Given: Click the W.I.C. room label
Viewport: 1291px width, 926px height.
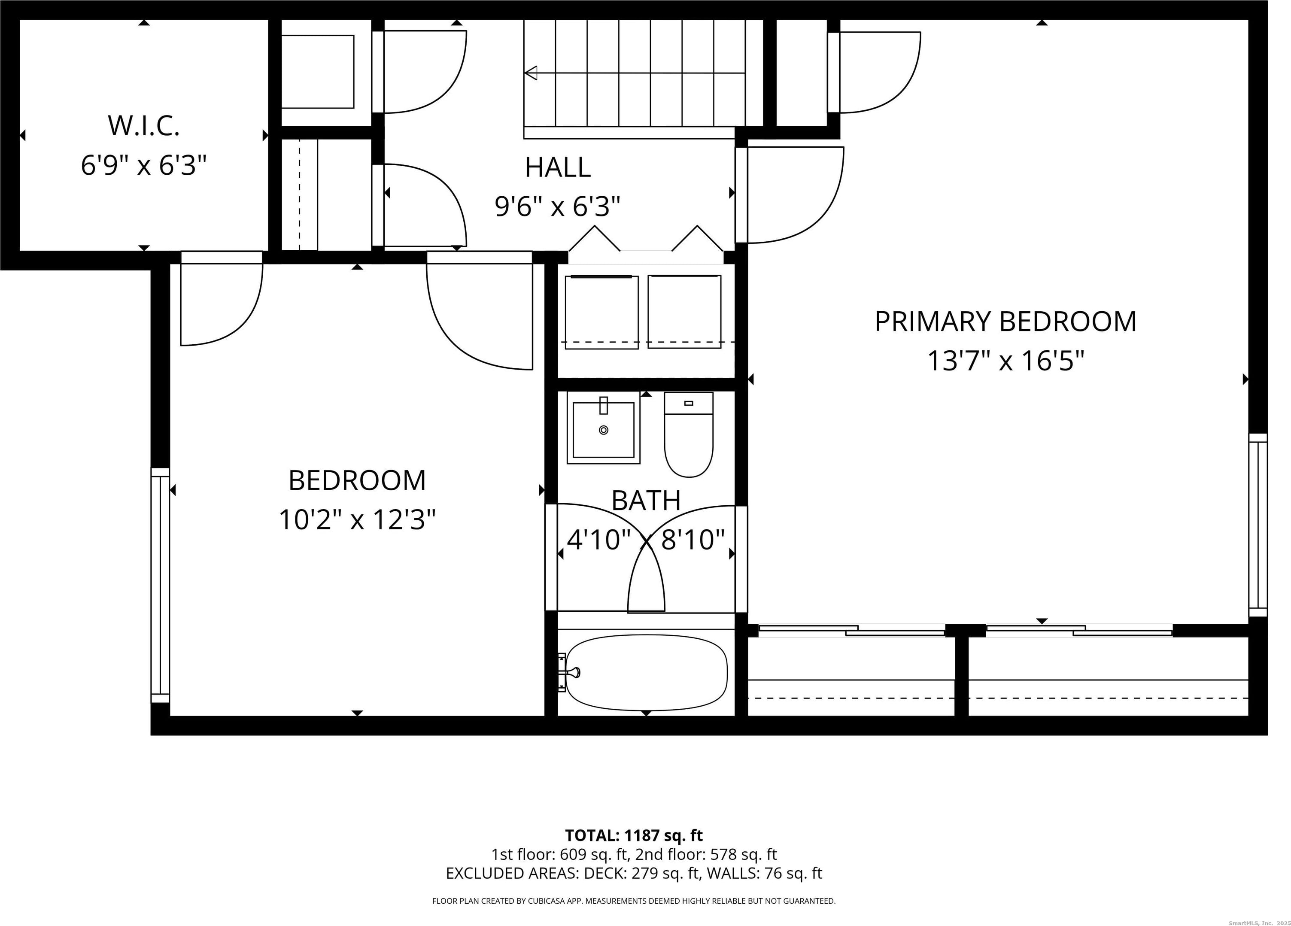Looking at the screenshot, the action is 143,126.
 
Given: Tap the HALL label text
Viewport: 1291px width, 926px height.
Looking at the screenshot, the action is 557,167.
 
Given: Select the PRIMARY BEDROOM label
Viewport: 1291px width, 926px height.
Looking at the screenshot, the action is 1005,322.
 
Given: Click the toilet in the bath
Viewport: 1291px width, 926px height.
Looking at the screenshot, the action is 689,434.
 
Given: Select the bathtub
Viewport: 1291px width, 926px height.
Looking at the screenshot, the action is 647,672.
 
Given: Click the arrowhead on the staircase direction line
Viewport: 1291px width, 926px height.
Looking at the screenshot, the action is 531,73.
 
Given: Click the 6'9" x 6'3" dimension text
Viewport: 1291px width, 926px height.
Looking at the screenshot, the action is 143,166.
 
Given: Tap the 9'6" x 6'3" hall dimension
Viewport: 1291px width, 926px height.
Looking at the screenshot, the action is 557,206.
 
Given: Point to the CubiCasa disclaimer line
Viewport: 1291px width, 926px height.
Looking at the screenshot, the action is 634,901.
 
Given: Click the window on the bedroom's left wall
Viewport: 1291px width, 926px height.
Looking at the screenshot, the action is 161,586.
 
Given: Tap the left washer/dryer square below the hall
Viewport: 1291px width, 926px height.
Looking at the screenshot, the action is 601,312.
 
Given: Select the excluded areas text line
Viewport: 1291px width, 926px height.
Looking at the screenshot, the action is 634,873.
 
